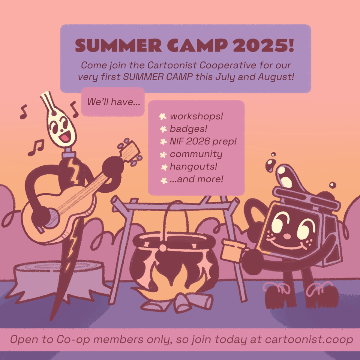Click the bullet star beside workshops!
click(163, 117)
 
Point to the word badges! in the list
click(189, 129)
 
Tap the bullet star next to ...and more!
click(164, 181)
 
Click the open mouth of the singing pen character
click(65, 138)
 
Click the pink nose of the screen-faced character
click(287, 236)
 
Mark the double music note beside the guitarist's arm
click(36, 147)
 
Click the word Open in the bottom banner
click(24, 340)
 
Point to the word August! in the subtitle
click(276, 77)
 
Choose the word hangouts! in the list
click(193, 166)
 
